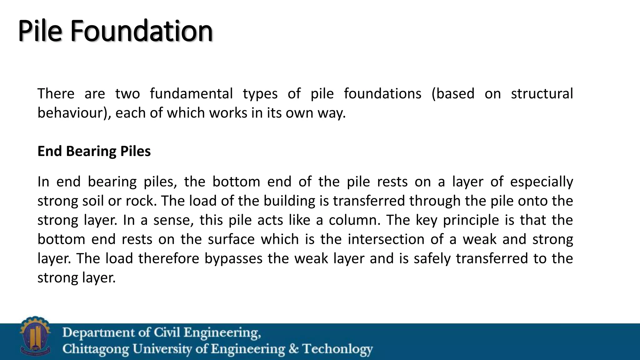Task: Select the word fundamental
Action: tap(191, 93)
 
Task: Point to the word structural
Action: tap(542, 93)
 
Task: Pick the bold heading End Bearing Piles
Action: tap(94, 151)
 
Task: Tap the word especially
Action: tap(541, 182)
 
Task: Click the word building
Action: tap(289, 201)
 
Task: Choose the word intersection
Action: tap(386, 239)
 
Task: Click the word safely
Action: tap(432, 258)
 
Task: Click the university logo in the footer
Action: tap(35, 336)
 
